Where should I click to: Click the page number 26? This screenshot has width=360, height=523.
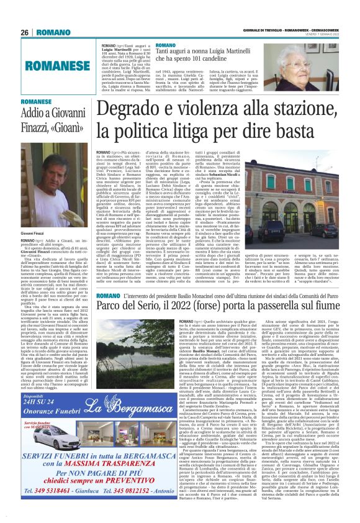click(25, 14)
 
